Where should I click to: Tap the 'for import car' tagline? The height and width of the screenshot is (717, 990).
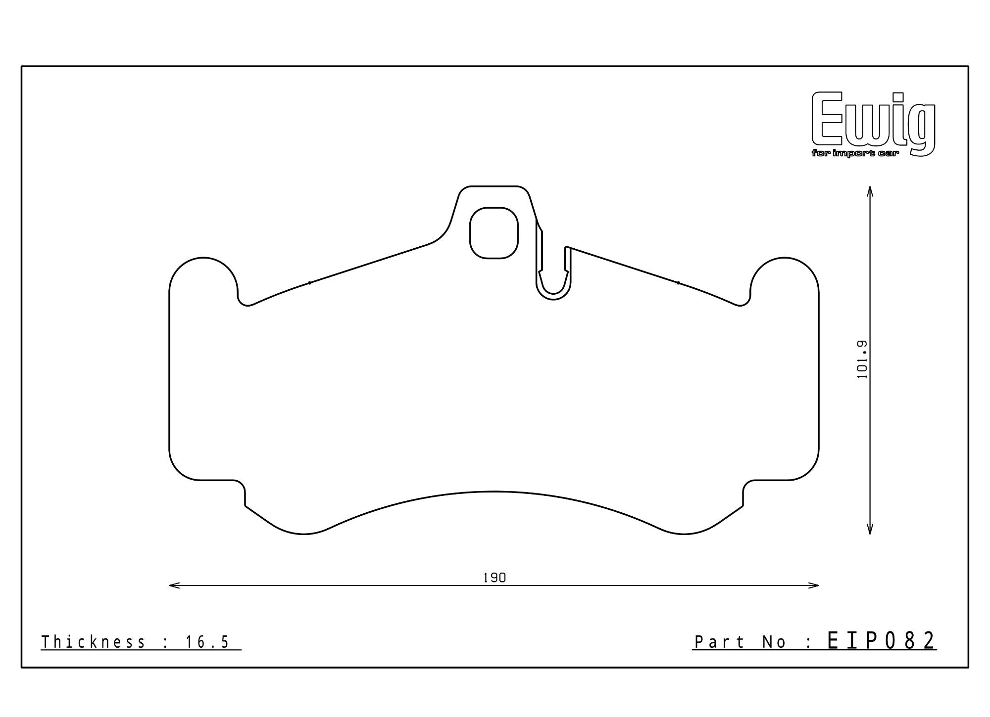coord(855,154)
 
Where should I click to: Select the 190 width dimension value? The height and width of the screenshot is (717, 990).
coord(495,578)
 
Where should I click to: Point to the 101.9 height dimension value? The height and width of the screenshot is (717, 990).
coord(862,359)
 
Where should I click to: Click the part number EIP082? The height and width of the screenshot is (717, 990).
coord(881,641)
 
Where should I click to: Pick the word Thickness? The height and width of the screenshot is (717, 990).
coord(94,642)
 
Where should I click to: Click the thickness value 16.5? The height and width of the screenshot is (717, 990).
coord(207,642)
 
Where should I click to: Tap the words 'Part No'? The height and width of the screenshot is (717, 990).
coord(740,642)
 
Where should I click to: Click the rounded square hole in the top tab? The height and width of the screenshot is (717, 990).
coord(494,233)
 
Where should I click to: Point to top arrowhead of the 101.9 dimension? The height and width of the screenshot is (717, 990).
coord(870,189)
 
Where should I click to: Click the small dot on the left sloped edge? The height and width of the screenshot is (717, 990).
coord(310,283)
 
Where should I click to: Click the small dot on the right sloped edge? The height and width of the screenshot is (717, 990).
coord(678,283)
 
